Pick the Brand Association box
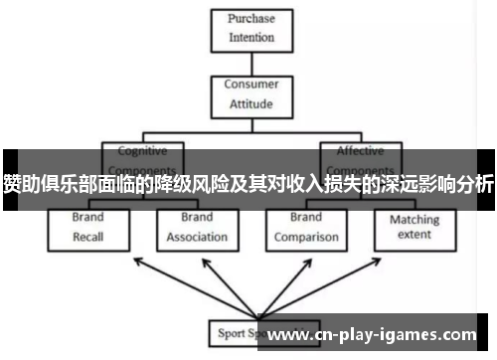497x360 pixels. [x=196, y=228]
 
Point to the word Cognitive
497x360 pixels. [x=142, y=151]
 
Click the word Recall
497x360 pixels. [x=87, y=238]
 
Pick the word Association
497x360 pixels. [x=196, y=238]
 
